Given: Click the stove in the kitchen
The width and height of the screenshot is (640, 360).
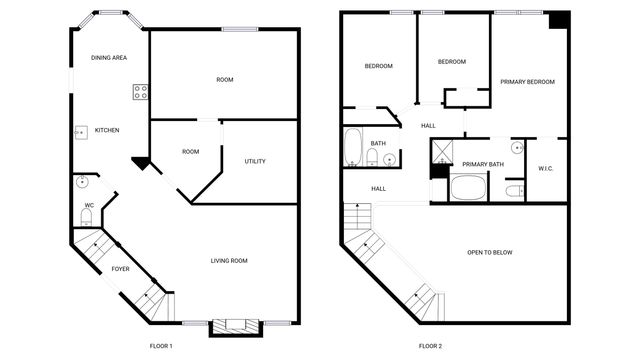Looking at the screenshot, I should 140,92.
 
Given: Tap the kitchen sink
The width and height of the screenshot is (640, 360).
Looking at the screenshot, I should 79,131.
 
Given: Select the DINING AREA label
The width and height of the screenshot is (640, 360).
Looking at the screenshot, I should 109,58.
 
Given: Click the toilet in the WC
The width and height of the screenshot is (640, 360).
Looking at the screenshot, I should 86,216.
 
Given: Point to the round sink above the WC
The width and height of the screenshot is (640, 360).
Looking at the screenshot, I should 82,183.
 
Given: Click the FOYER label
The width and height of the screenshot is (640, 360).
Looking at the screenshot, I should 120,269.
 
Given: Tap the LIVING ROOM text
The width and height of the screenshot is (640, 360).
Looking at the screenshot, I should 229,261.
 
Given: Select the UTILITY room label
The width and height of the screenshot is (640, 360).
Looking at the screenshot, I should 255,161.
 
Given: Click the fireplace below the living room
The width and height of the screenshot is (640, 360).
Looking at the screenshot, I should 236,324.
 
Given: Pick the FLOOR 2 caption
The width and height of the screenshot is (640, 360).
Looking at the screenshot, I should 430,345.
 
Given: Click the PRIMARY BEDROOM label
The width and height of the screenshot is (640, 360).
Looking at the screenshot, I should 527,82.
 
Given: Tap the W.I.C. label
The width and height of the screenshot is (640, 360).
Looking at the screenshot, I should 545,168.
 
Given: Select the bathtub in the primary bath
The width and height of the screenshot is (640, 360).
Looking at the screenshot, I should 467,188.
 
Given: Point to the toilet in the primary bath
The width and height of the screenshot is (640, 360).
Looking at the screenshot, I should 514,190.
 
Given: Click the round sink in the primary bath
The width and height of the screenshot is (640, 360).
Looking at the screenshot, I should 517,148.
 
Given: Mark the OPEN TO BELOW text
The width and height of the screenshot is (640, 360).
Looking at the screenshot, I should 490,252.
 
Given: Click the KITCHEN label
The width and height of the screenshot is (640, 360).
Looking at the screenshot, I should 107,131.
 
